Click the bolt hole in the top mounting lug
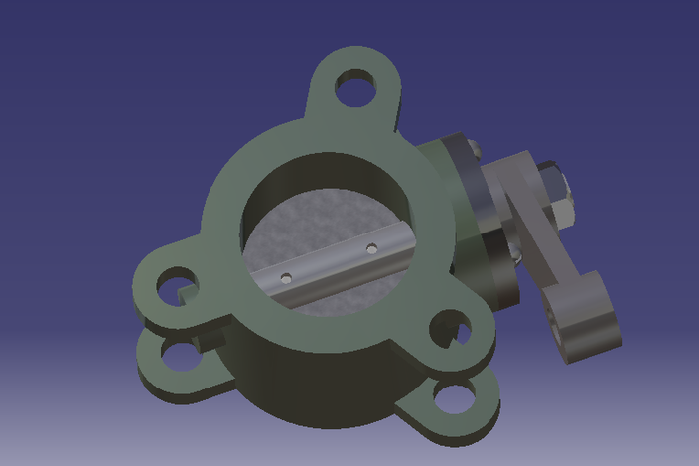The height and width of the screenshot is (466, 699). coord(354,89)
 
